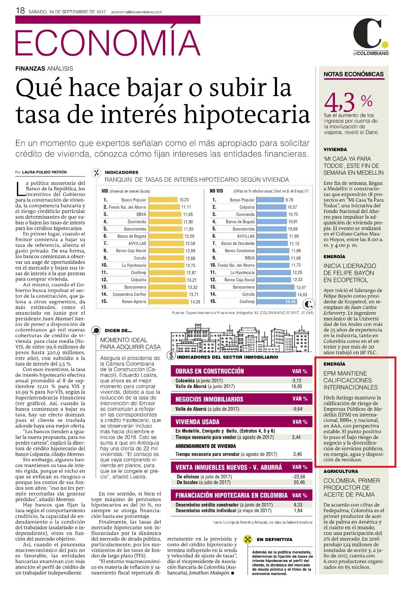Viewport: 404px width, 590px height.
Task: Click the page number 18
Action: [x=20, y=11]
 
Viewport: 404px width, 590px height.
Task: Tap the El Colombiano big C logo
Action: [x=368, y=33]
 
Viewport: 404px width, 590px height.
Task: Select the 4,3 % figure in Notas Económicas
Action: [x=348, y=103]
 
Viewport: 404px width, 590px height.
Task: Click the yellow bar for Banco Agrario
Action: [x=169, y=301]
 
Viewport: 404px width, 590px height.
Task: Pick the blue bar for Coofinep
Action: [x=277, y=301]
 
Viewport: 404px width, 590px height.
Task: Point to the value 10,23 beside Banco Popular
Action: [x=184, y=200]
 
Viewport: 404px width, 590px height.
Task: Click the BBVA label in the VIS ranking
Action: [x=141, y=215]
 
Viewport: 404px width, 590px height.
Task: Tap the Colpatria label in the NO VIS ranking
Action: [x=247, y=207]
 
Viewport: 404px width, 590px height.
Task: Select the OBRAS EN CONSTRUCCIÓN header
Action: [x=210, y=371]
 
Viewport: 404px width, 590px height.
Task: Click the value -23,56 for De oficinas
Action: [x=299, y=476]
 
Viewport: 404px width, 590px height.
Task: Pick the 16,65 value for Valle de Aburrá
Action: [x=297, y=386]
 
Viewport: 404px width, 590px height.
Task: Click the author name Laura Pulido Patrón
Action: [x=44, y=172]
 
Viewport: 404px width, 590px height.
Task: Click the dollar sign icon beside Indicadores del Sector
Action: [x=171, y=356]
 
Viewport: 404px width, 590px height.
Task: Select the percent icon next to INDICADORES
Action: [x=97, y=173]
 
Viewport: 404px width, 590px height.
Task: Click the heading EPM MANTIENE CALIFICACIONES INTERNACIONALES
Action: [x=350, y=380]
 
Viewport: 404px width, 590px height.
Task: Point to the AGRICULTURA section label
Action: [x=341, y=471]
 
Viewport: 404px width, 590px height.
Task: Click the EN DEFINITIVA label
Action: [x=275, y=540]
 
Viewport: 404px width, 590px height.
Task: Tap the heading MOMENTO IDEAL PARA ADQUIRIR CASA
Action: [x=130, y=344]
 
